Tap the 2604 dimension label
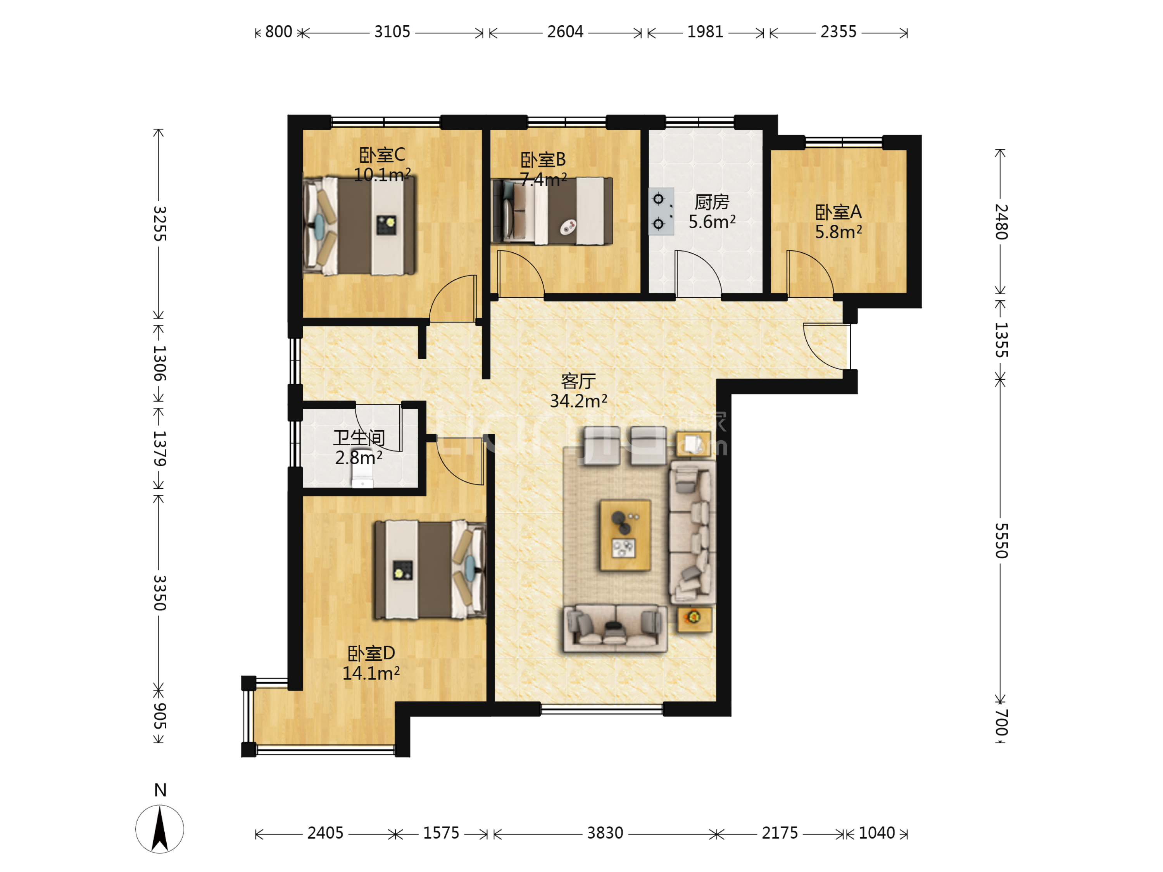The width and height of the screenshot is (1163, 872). [565, 32]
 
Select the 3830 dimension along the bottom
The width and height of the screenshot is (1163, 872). [605, 833]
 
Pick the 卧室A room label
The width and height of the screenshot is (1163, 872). [838, 212]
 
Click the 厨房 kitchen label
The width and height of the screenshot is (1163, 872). [712, 202]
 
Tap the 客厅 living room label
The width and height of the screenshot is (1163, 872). [578, 381]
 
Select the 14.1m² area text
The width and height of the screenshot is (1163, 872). [371, 673]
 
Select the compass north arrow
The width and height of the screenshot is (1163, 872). [160, 829]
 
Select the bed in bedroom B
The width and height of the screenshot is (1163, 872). [552, 211]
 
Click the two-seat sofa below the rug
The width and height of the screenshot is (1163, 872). [615, 629]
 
